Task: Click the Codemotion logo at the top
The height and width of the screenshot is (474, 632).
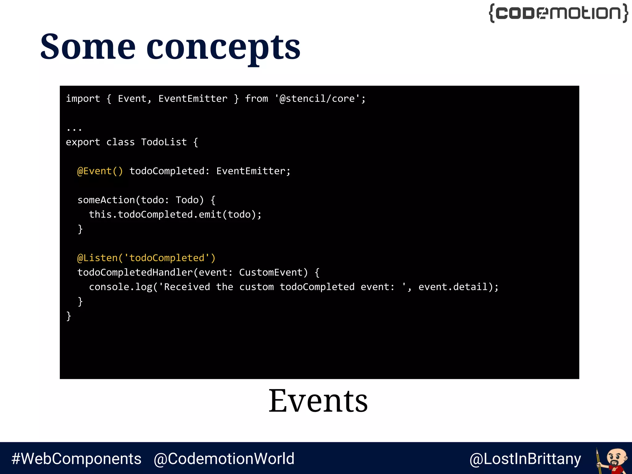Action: click(558, 13)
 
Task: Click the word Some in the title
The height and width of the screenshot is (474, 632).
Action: click(88, 47)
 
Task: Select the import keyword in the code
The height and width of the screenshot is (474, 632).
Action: click(83, 99)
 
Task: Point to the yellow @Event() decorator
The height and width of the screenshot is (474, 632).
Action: click(100, 171)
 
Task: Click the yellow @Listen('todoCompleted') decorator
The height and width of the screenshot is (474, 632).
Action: click(146, 258)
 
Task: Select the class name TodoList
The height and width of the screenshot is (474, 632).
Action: click(164, 142)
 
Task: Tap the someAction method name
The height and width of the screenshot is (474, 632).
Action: click(106, 200)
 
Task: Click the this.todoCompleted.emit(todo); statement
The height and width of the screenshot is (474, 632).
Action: click(175, 214)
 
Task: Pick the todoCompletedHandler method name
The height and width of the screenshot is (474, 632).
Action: click(135, 272)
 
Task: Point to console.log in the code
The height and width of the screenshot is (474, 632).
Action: click(120, 287)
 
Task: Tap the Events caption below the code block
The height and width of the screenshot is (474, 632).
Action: click(318, 401)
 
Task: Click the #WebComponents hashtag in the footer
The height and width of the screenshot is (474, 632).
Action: click(77, 459)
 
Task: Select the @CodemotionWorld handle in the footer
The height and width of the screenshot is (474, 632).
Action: click(224, 459)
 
